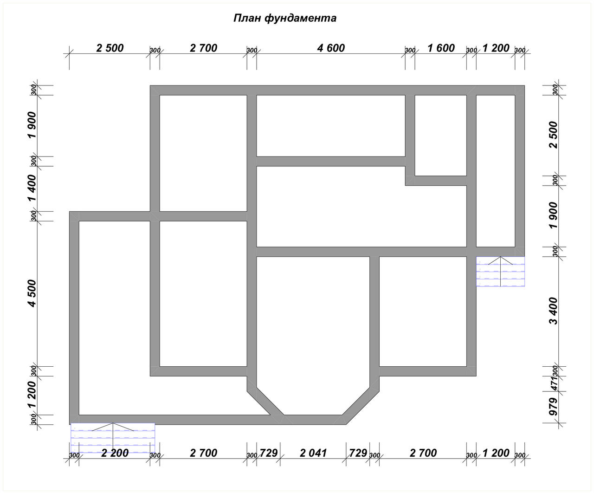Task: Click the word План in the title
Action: (x=247, y=18)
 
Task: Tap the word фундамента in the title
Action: (x=300, y=19)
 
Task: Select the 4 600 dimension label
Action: (x=331, y=48)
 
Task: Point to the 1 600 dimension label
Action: (x=441, y=48)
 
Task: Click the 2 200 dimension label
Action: (x=115, y=453)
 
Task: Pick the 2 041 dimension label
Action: (x=313, y=453)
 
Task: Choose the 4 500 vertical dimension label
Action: (x=32, y=293)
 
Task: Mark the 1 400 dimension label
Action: (x=32, y=188)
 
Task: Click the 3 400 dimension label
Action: (x=554, y=311)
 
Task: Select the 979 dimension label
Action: (x=554, y=407)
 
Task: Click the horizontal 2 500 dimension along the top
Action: (x=110, y=48)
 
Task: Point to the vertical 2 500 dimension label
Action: (x=554, y=135)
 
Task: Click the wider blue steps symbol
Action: (x=113, y=438)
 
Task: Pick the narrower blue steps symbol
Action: (x=500, y=271)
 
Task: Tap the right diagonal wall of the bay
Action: (x=361, y=406)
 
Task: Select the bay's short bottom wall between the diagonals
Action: (x=313, y=420)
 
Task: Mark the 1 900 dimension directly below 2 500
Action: (x=554, y=215)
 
